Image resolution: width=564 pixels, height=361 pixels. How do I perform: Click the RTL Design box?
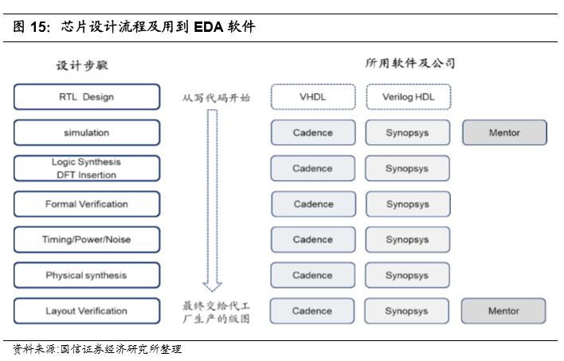tap(86, 97)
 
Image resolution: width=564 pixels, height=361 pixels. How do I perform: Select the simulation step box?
tap(86, 132)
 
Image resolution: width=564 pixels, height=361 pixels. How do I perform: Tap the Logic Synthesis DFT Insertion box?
tap(86, 168)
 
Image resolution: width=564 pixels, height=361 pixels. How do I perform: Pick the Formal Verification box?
tap(86, 204)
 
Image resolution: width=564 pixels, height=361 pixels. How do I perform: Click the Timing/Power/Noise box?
tap(86, 239)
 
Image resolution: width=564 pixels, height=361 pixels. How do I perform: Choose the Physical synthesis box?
tap(86, 275)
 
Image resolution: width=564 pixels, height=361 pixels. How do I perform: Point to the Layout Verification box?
tap(86, 311)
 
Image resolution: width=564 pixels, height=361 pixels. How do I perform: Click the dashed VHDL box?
tap(312, 97)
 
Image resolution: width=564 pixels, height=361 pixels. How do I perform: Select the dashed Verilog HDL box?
tap(408, 97)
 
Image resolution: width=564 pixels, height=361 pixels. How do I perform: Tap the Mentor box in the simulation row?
tap(504, 132)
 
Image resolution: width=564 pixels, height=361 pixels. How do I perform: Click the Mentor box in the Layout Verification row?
tap(503, 311)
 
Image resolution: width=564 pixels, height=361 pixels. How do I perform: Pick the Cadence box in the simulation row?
tap(312, 132)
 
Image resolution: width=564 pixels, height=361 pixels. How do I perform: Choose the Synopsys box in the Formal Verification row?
tap(408, 204)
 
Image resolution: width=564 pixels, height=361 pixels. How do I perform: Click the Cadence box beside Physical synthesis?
tap(312, 275)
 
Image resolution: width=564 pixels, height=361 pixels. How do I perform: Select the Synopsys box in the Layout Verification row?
tap(408, 311)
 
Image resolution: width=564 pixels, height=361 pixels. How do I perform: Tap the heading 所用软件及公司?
tap(409, 63)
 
